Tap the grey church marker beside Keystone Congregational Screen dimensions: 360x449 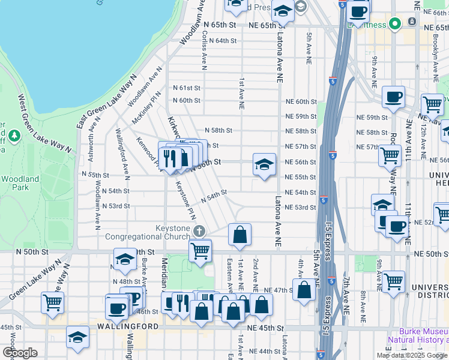tap(199, 230)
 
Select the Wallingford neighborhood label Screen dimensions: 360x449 tap(128, 326)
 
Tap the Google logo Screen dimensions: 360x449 tap(20, 353)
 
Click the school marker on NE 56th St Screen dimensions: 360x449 tap(263, 165)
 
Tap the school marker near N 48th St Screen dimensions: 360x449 tap(125, 259)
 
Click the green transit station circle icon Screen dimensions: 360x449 tap(394, 24)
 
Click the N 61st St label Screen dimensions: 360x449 tap(186, 87)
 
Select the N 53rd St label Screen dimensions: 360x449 tap(116, 206)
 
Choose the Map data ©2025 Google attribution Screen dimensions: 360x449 tap(412, 355)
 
